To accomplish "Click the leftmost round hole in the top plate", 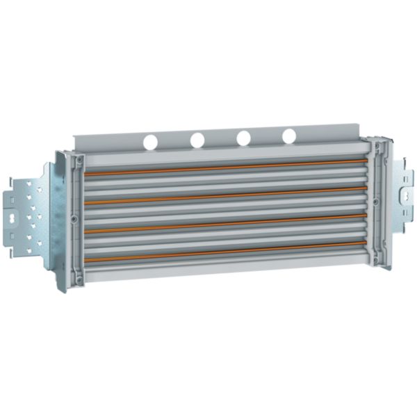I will tap(151, 142).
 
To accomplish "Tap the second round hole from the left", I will tap(197, 140).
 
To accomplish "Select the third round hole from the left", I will tap(243, 138).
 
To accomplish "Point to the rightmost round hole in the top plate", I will tap(289, 136).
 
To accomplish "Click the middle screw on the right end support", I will tap(376, 202).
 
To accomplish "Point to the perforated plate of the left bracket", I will tap(31, 215).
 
